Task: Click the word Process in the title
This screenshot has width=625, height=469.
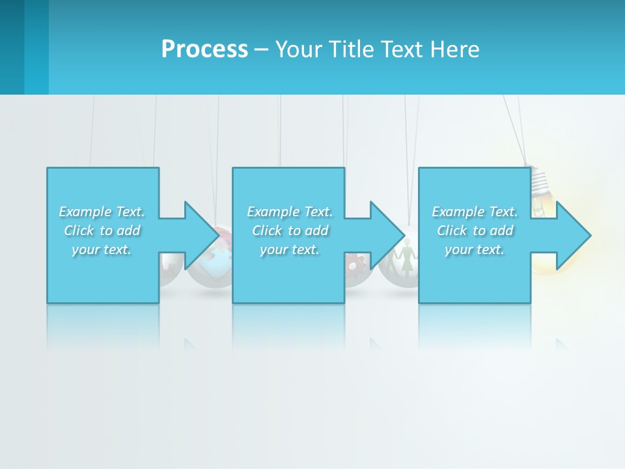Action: click(204, 50)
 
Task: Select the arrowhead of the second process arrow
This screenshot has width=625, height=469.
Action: click(387, 235)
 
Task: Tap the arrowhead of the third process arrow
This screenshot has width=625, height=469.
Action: click(573, 235)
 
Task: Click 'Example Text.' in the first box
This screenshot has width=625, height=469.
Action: click(102, 212)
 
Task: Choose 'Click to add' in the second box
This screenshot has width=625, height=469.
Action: click(290, 231)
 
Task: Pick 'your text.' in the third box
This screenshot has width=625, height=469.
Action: click(475, 249)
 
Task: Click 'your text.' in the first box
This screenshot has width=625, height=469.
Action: click(102, 249)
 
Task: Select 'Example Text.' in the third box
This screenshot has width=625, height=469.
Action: click(475, 212)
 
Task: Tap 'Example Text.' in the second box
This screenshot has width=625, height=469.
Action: click(290, 212)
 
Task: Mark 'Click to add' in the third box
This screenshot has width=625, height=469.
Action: click(475, 231)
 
